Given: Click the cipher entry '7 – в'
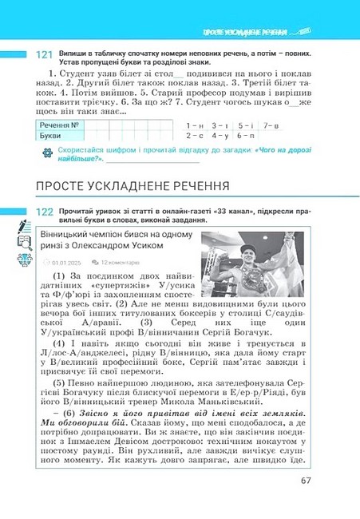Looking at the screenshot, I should click(x=270, y=126).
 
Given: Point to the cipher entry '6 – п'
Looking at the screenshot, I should click(x=244, y=136).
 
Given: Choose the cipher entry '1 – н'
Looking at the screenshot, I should click(x=194, y=126).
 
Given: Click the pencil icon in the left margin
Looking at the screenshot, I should click(x=23, y=226).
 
